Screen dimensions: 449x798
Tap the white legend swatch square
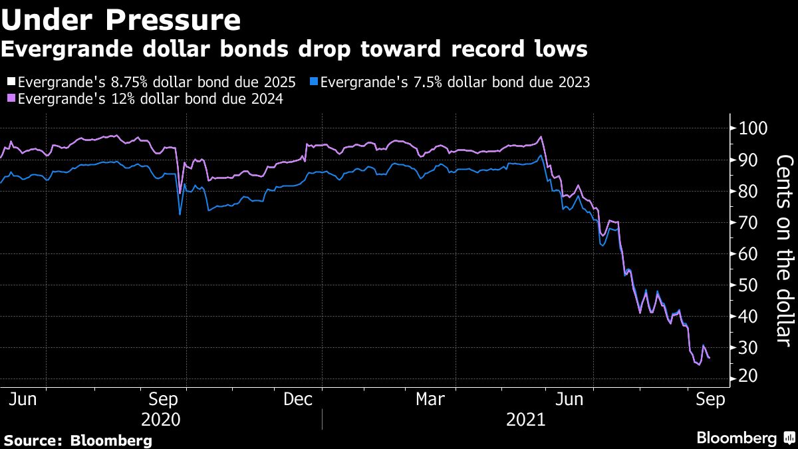11,82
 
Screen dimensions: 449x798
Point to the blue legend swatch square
314,82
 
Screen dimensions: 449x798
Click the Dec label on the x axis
299,399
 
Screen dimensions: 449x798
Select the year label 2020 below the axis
161,420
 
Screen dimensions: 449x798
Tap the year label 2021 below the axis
525,420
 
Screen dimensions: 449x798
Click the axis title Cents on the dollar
785,249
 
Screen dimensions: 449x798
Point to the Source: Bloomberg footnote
78,440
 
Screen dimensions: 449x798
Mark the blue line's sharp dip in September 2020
180,214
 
